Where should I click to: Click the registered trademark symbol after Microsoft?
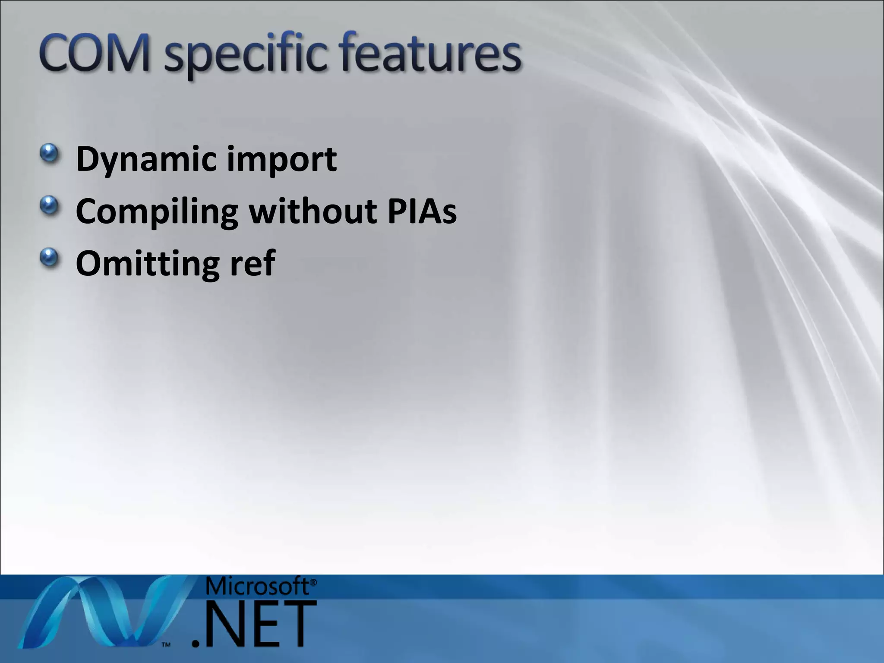click(x=313, y=583)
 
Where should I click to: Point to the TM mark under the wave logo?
click(x=166, y=645)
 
